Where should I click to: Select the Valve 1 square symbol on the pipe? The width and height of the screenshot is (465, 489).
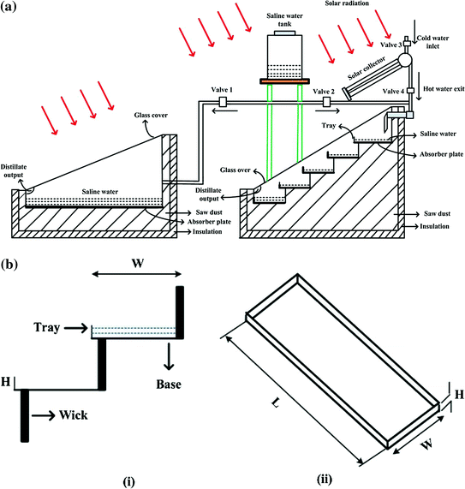221,103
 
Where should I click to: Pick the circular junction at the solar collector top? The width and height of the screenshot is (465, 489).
403,58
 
